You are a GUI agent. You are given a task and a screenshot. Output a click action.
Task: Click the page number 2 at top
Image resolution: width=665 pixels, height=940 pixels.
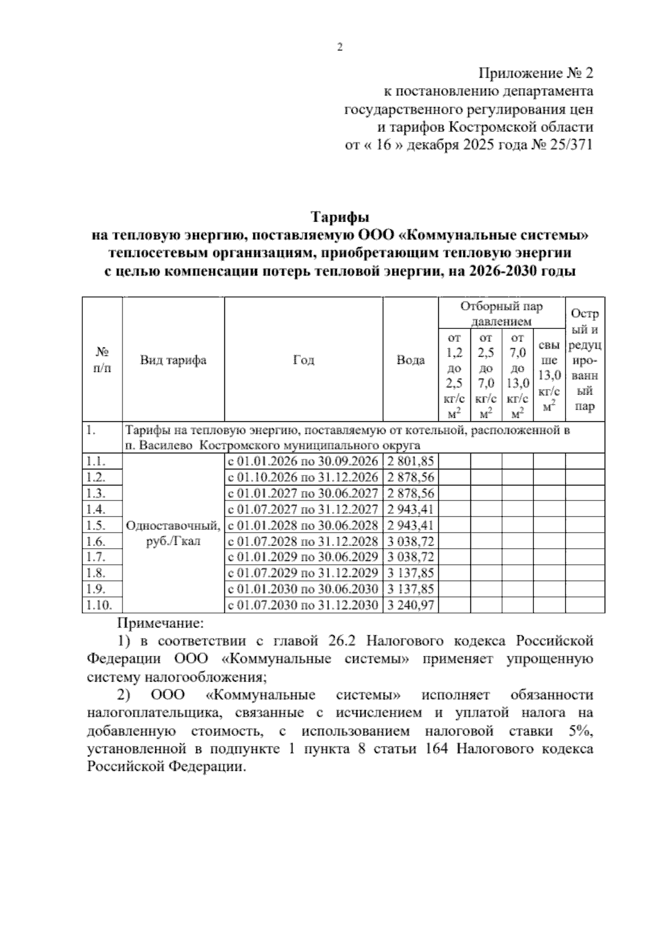pos(340,48)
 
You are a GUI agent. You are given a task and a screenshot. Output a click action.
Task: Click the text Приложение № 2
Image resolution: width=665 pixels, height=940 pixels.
pos(536,73)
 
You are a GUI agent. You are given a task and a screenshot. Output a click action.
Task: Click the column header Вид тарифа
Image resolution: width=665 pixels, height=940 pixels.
pos(173,360)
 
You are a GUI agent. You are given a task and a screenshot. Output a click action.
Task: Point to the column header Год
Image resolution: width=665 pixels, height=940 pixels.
pos(303,360)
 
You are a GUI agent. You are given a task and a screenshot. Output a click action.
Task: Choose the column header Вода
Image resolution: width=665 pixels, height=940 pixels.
pos(411,360)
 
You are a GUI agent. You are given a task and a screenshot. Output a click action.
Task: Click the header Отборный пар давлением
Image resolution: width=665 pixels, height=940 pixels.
pos(502,314)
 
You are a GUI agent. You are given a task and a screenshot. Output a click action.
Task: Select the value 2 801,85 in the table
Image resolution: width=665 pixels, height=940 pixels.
pos(411,462)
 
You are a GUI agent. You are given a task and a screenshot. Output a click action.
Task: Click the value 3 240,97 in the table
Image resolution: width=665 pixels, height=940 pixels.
pos(411,605)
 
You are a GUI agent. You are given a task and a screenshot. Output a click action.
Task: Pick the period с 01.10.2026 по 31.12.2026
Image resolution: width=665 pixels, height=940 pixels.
pos(303,478)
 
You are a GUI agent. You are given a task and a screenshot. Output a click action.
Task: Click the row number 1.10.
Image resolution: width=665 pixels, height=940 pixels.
pos(100,605)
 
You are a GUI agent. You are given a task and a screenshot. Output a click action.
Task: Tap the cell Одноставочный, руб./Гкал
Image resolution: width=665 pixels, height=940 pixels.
pos(173,533)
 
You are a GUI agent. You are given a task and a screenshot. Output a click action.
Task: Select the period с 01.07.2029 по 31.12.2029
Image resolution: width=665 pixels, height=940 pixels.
pos(303,573)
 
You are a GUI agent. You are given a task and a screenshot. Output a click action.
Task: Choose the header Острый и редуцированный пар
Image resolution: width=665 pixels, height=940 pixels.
pos(585,360)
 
